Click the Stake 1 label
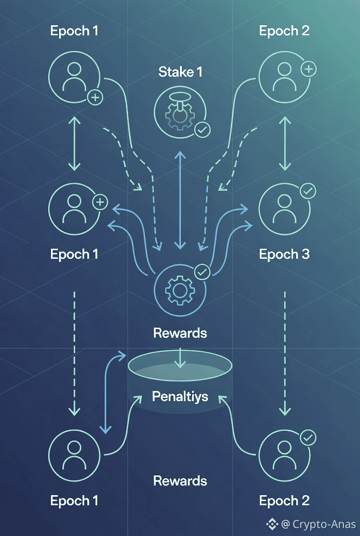[x=180, y=72]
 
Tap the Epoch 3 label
[x=284, y=254]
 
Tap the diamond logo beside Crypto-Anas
[x=274, y=524]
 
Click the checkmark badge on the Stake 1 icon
[x=202, y=130]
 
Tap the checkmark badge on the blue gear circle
[x=202, y=272]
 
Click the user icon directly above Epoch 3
[x=284, y=208]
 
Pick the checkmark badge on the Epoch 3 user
[x=307, y=190]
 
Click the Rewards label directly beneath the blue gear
[x=180, y=333]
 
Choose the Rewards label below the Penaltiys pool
[x=180, y=481]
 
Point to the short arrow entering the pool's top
[x=180, y=358]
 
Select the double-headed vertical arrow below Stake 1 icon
[x=180, y=200]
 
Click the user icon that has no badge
[x=74, y=454]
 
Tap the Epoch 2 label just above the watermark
[x=284, y=501]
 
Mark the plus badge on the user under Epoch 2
[x=308, y=69]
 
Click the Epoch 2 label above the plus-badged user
[x=284, y=31]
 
